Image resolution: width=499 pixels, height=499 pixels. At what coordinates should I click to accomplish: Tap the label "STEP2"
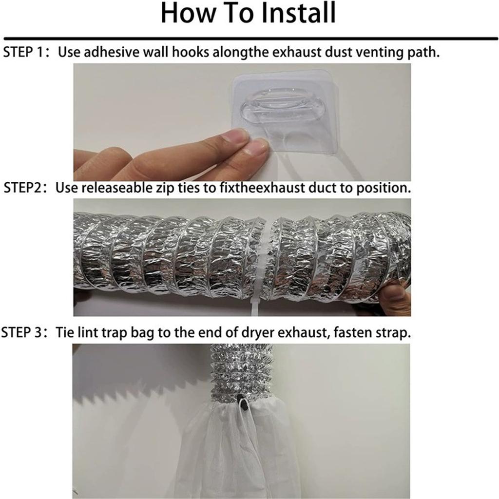pos(24,188)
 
